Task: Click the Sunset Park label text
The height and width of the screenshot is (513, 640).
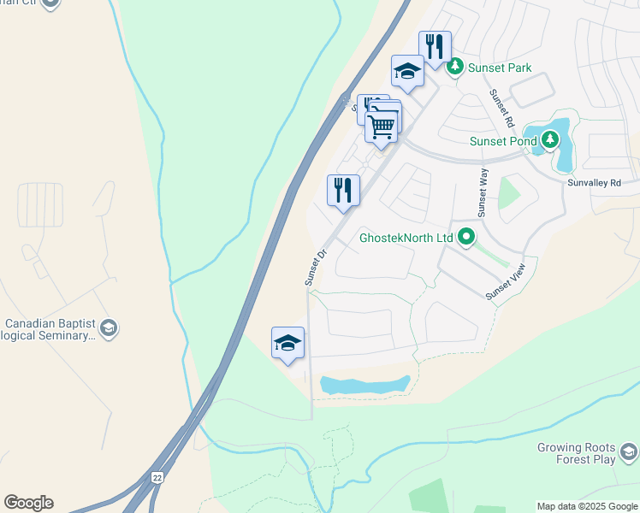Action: coord(500,68)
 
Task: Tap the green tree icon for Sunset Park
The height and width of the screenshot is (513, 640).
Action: coord(456,66)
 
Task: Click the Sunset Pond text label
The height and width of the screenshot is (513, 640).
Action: coord(502,141)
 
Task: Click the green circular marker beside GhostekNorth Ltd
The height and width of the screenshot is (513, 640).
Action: coord(466,238)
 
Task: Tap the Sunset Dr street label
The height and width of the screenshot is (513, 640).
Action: coord(315,268)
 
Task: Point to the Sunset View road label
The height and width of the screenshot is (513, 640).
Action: coord(506,283)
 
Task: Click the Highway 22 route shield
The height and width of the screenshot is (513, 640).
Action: coord(157,477)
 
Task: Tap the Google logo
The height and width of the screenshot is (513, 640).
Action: coord(28,503)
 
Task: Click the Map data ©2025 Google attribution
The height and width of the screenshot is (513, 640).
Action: coord(587,506)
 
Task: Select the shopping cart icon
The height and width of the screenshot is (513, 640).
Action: coord(382,126)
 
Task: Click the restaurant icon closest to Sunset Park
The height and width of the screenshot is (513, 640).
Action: coord(435,46)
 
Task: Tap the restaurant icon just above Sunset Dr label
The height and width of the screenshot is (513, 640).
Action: coord(343,190)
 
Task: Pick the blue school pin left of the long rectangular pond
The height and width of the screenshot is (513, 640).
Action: coord(288,343)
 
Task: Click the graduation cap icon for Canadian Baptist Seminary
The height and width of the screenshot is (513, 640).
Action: coord(109,327)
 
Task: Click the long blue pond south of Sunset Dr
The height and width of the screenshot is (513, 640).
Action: coord(364,385)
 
